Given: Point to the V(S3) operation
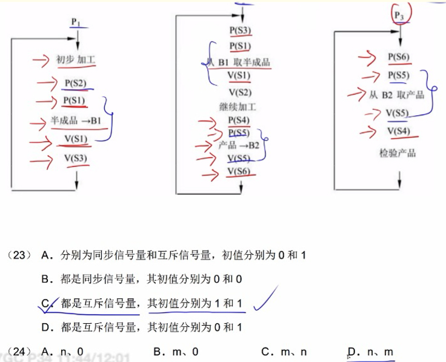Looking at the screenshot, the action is (x=76, y=159).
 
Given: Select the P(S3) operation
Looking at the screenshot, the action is (x=241, y=30).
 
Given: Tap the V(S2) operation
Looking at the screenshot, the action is (x=240, y=92).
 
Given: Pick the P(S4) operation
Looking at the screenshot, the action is (x=239, y=120).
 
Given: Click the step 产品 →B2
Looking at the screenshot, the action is (x=239, y=146).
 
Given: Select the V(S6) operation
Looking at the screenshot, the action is (x=239, y=172).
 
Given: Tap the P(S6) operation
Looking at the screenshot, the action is (x=399, y=58).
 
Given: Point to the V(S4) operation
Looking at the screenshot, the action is (x=399, y=132).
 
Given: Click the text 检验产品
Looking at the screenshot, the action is (x=397, y=152).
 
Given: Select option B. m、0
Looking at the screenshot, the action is (x=176, y=352).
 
